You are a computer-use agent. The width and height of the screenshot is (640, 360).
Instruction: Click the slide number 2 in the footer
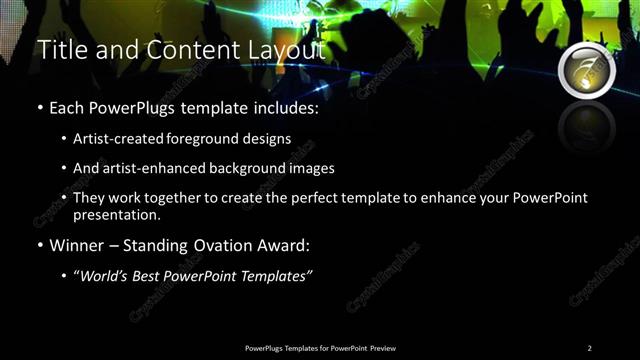pos(589,348)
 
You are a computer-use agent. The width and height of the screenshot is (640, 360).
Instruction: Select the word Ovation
pos(225,245)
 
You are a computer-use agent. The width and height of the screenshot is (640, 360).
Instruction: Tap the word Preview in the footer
pos(383,348)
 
